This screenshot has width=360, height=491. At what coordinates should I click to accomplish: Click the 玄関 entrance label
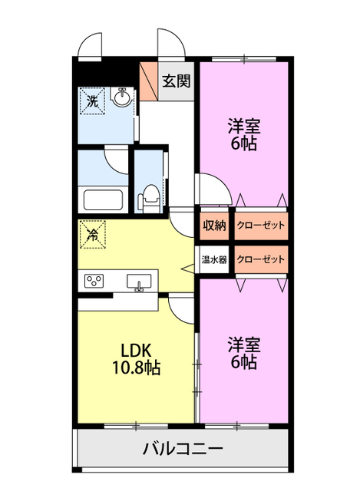tap(176, 81)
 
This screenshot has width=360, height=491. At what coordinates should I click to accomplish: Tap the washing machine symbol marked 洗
tap(92, 101)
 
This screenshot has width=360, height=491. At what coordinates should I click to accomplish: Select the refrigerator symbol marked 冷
tap(93, 235)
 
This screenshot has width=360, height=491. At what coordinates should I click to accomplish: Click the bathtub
tap(103, 200)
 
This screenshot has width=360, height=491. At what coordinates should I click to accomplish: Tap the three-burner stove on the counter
tap(94, 280)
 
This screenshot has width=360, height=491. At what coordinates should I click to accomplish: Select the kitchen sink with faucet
tap(139, 282)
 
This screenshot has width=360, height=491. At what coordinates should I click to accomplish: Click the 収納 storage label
tap(214, 226)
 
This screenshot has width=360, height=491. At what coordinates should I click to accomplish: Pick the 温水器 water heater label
tap(214, 259)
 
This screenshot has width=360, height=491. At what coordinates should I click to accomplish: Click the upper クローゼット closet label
tap(261, 226)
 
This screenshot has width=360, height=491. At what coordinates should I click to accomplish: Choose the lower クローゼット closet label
tap(261, 259)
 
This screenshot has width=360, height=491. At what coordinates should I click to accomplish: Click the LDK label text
tap(137, 351)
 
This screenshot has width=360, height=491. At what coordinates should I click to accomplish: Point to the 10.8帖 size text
tap(137, 367)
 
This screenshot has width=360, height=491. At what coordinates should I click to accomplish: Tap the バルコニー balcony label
tap(183, 449)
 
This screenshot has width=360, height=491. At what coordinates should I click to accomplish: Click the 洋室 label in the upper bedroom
tap(244, 125)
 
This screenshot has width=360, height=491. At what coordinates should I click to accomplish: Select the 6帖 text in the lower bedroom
tap(244, 361)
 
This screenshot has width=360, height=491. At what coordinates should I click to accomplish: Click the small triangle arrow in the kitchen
tap(188, 268)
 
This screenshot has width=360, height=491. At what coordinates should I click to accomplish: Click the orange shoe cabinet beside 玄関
tap(149, 81)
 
